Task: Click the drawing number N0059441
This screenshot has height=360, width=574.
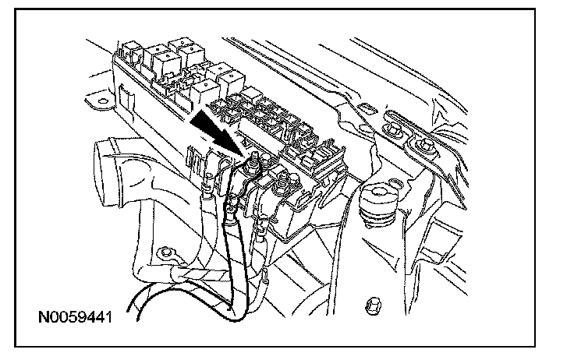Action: tap(74, 319)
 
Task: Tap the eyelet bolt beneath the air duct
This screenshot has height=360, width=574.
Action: tap(165, 252)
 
